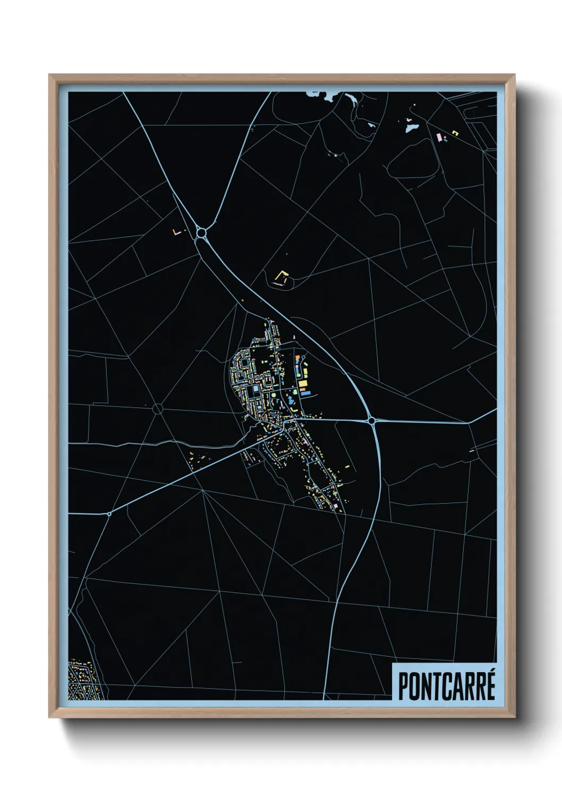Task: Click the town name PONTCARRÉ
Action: (x=446, y=686)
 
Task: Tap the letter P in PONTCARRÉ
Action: (x=403, y=686)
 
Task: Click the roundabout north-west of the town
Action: (x=201, y=232)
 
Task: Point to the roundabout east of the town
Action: (x=371, y=421)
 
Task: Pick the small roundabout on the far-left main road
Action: (x=109, y=514)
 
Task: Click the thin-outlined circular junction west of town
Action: (x=157, y=408)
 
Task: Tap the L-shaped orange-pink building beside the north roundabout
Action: (x=177, y=232)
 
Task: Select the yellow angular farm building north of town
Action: (x=281, y=277)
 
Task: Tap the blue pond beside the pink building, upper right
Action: (x=411, y=128)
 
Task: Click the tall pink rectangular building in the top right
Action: (x=439, y=137)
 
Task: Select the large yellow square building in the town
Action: (x=302, y=383)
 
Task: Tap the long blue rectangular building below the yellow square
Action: (x=305, y=392)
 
